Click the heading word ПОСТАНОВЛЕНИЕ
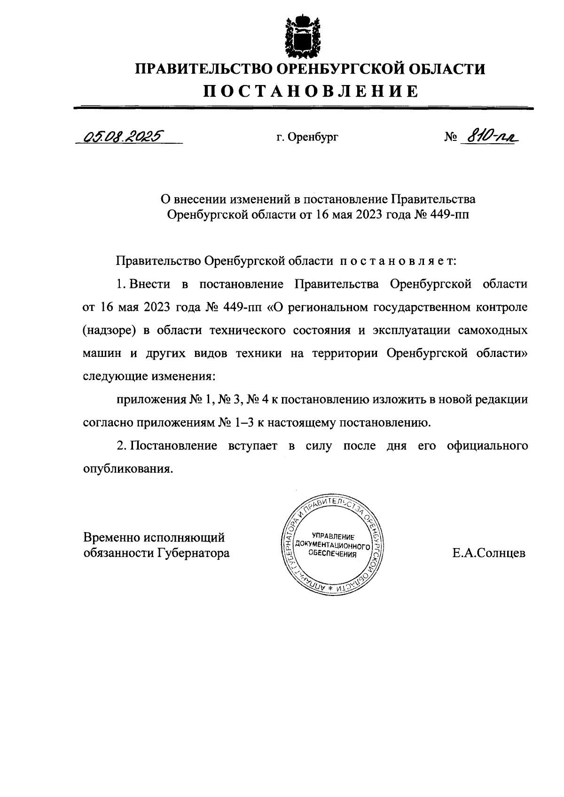(310, 91)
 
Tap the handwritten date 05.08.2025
(121, 136)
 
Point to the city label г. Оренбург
(307, 138)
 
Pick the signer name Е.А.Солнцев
(489, 553)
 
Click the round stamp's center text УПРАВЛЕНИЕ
(332, 536)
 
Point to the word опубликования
(125, 469)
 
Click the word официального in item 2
(487, 445)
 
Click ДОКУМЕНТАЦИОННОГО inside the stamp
(332, 546)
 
